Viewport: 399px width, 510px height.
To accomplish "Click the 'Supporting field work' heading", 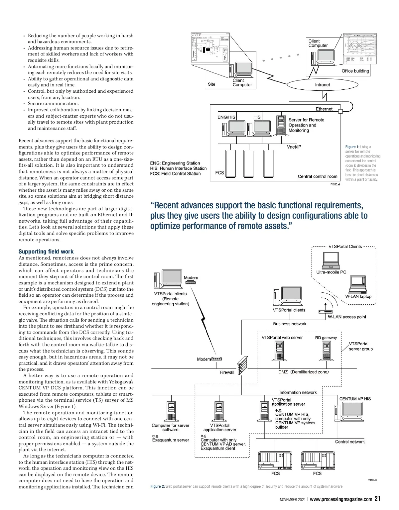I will click(x=46, y=252).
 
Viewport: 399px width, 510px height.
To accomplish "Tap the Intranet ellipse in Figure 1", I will click(x=322, y=85).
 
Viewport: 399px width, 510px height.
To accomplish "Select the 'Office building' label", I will click(x=355, y=71).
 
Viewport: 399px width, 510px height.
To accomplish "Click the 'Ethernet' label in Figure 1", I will click(x=324, y=109).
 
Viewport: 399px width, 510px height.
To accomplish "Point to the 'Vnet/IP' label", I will click(x=294, y=147).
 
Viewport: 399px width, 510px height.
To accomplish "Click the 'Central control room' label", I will click(x=317, y=176).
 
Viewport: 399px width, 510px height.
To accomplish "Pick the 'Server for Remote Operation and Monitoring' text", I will click(x=306, y=125).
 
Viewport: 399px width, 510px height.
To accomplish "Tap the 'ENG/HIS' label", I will click(x=226, y=117).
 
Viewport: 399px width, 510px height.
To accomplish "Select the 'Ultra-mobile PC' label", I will click(x=331, y=272).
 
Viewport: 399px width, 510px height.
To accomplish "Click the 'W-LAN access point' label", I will click(x=346, y=317).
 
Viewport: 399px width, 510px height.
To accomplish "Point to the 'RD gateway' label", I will click(x=326, y=338).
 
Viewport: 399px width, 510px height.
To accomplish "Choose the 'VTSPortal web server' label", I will click(x=282, y=338).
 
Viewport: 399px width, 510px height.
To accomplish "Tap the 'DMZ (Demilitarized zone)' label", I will click(x=303, y=372).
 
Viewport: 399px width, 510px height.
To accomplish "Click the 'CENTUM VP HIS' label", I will click(x=355, y=399).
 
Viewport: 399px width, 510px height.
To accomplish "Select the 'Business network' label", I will click(x=290, y=324).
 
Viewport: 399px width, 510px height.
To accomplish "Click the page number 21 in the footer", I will click(x=377, y=499).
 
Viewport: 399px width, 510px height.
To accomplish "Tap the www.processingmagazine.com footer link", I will click(x=341, y=499).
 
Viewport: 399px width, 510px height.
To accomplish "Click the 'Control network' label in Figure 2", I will click(x=350, y=442).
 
